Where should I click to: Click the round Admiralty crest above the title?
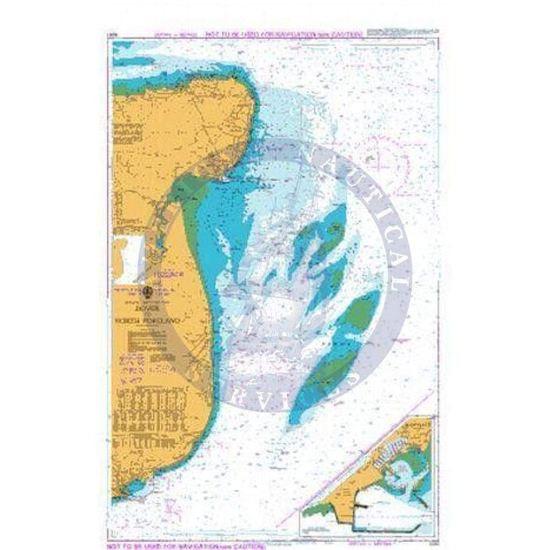(x=148, y=291)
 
